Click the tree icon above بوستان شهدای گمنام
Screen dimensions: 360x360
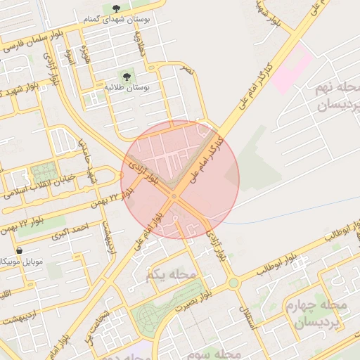tap(115, 8)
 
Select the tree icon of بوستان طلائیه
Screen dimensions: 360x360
tap(127, 75)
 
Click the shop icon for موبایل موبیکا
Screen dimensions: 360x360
tap(18, 250)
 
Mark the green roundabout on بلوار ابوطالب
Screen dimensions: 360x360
tap(233, 283)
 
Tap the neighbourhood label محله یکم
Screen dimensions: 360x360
tap(162, 274)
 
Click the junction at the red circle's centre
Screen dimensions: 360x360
tap(174, 196)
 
